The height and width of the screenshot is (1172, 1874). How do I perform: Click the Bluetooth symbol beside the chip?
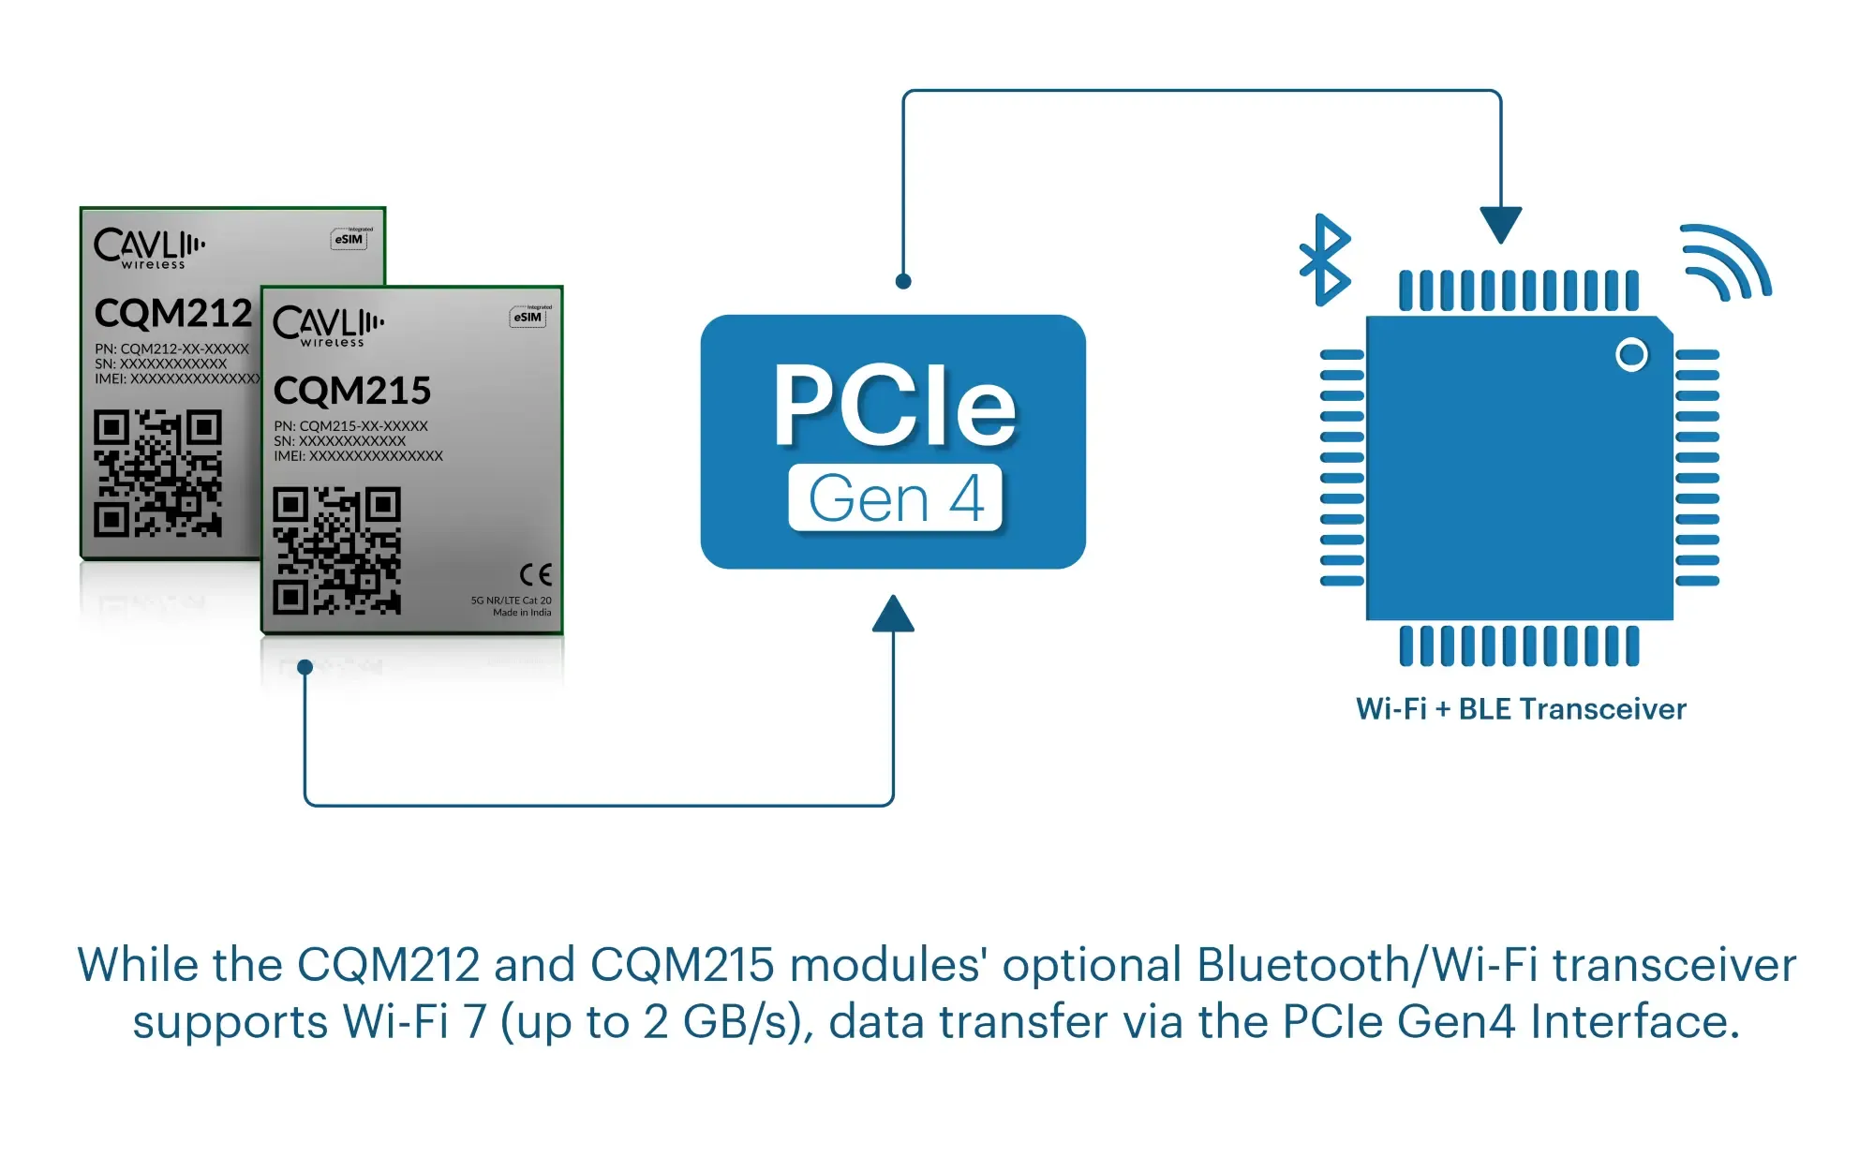(1325, 260)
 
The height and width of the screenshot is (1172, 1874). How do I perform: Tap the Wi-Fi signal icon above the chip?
(1724, 263)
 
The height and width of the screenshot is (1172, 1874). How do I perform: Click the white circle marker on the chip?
(1631, 355)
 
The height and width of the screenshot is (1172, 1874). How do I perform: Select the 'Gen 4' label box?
(895, 498)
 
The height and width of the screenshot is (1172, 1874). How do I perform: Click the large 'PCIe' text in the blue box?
(894, 406)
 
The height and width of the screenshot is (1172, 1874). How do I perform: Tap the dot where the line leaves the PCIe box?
(903, 281)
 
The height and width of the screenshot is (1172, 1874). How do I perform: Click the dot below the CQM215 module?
(305, 667)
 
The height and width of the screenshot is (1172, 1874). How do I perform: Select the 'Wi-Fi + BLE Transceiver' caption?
(1521, 709)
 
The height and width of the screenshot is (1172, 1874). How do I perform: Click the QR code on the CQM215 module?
(337, 551)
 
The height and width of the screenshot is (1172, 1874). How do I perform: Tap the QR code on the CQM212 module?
(157, 473)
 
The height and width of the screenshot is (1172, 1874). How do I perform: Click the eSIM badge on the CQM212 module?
(350, 239)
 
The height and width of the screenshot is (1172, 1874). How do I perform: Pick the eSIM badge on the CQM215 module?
(528, 317)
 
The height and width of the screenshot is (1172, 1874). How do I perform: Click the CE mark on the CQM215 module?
(536, 573)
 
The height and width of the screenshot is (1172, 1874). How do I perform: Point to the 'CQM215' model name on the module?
(352, 391)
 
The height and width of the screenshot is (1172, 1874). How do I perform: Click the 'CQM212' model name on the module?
(173, 313)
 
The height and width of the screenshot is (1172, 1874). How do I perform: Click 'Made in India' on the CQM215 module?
(522, 613)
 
